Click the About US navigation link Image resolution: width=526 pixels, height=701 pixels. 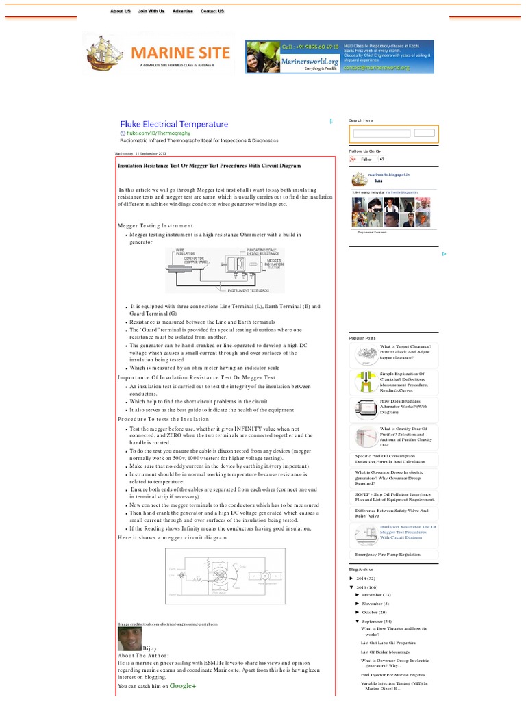121,11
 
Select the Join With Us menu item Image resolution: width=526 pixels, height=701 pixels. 151,11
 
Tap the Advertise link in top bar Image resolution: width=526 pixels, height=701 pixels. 182,11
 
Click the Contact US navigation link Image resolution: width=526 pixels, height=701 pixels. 212,11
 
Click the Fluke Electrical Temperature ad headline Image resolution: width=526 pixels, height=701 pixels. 174,125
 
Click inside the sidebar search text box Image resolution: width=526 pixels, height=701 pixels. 380,133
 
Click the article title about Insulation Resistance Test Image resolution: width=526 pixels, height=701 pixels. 209,166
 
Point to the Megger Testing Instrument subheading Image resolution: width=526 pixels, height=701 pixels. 155,225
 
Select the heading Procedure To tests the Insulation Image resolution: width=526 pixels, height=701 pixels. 163,419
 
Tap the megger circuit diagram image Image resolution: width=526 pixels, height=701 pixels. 225,576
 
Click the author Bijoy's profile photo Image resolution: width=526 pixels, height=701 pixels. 129,639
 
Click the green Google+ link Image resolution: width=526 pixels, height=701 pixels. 183,685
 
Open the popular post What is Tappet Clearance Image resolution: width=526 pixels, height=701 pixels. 405,351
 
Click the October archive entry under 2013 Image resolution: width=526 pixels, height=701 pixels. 374,612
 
